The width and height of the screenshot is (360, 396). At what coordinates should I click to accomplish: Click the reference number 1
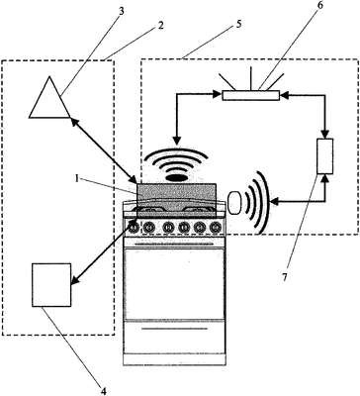click(x=76, y=179)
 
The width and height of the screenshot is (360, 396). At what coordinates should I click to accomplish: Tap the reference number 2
click(x=160, y=26)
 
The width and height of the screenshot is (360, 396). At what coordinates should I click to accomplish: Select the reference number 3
click(x=122, y=11)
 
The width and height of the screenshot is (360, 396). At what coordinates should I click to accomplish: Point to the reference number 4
click(x=104, y=391)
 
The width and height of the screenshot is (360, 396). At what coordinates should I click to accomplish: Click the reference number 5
click(x=239, y=24)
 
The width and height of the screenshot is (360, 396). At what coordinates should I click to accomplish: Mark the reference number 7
click(x=285, y=277)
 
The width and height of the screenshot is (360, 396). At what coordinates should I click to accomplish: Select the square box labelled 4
click(x=51, y=285)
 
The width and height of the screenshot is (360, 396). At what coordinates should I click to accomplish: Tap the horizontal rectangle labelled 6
click(x=251, y=95)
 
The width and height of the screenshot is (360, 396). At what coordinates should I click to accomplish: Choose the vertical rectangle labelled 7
click(x=324, y=156)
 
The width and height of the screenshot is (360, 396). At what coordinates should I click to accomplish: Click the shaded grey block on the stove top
click(x=176, y=199)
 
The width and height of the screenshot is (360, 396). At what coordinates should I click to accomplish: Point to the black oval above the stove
click(x=178, y=178)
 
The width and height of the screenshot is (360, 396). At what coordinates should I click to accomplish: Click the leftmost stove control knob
click(x=134, y=227)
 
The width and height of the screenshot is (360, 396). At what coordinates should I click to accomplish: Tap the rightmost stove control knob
click(x=216, y=227)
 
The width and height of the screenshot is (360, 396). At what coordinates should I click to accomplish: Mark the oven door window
click(x=175, y=284)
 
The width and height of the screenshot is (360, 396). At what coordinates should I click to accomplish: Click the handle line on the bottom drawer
click(x=175, y=329)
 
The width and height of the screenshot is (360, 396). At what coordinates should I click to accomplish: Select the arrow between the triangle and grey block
click(x=104, y=150)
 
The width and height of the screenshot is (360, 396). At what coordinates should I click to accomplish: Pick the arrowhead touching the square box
click(x=74, y=280)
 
